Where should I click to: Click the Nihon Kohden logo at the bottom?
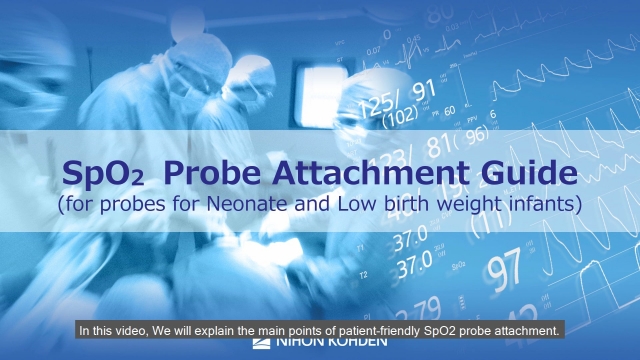pyautogui.click(x=319, y=347)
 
